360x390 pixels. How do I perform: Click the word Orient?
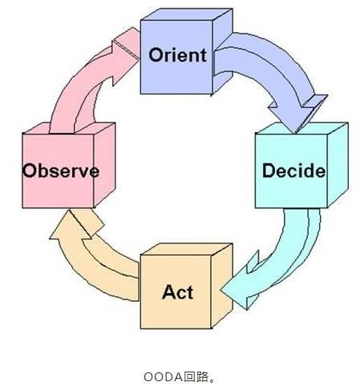(x=177, y=55)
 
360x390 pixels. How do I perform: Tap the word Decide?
(x=293, y=171)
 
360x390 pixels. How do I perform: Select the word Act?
(x=177, y=292)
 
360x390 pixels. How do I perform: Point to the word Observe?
(x=61, y=171)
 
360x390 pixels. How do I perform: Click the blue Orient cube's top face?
(x=187, y=14)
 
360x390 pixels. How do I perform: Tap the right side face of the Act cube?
(x=222, y=285)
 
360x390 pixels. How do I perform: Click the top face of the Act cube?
(x=187, y=249)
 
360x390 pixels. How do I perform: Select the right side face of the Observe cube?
(x=104, y=164)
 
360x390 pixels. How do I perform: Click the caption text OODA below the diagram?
(x=164, y=377)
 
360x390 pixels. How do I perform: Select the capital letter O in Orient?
(x=156, y=55)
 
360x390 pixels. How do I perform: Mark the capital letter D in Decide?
(x=269, y=171)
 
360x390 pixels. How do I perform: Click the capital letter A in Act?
(x=169, y=291)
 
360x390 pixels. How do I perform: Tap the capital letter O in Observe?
(x=30, y=171)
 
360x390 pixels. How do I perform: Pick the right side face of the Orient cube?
(x=222, y=50)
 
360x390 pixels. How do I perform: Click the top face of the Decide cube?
(x=302, y=128)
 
